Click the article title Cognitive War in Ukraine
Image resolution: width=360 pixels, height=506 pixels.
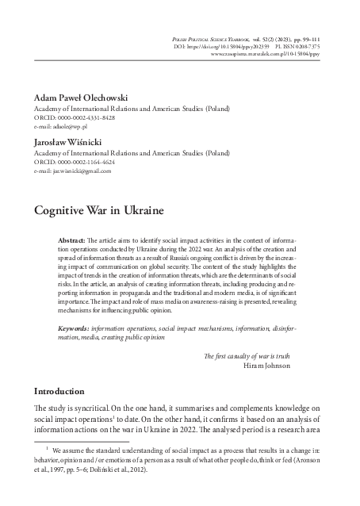[x=99, y=212]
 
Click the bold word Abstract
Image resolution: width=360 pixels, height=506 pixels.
[x=73, y=239]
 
